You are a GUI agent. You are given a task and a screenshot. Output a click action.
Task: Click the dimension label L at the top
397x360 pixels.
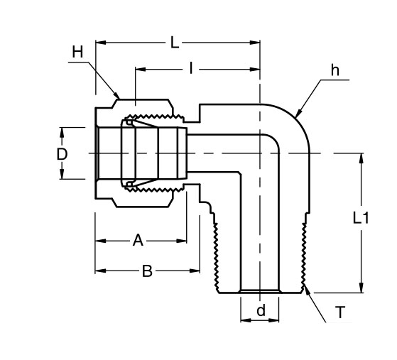point(175,43)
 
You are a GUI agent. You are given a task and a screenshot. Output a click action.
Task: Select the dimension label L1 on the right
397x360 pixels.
point(361,219)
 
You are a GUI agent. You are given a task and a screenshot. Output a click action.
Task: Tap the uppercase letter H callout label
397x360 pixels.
point(77,52)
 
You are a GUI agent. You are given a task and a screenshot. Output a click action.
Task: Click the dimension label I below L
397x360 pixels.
point(191,69)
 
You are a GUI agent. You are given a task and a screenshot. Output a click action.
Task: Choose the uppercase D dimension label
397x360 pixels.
point(62,153)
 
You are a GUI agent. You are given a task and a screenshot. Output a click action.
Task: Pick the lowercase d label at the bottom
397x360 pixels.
point(261,310)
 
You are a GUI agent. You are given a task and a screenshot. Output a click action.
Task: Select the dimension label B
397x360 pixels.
point(147,271)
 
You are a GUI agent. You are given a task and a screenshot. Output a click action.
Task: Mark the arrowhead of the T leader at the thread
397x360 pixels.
point(306,288)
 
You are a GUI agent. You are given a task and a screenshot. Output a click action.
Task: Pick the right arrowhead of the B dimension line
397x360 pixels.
point(198,271)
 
